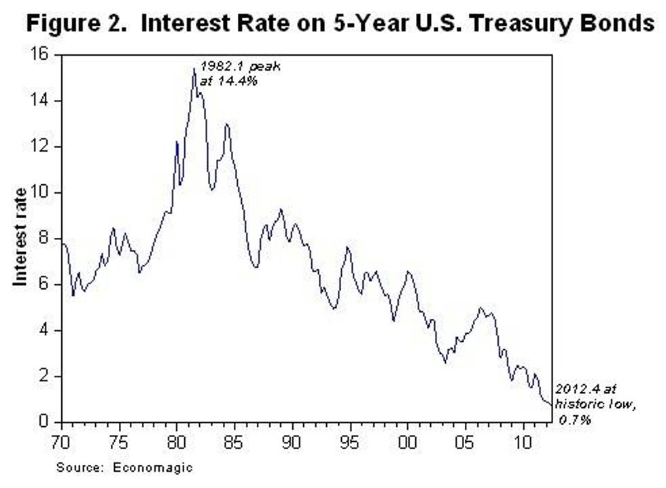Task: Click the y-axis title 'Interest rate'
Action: click(20, 236)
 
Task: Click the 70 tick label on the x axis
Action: click(62, 438)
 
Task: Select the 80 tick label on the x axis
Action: click(177, 438)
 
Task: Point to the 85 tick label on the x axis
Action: click(235, 438)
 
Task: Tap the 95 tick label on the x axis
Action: click(351, 438)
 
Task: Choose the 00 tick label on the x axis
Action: click(408, 438)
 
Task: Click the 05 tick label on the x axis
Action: click(466, 438)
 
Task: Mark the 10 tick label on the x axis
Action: click(523, 438)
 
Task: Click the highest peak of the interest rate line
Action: click(194, 69)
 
